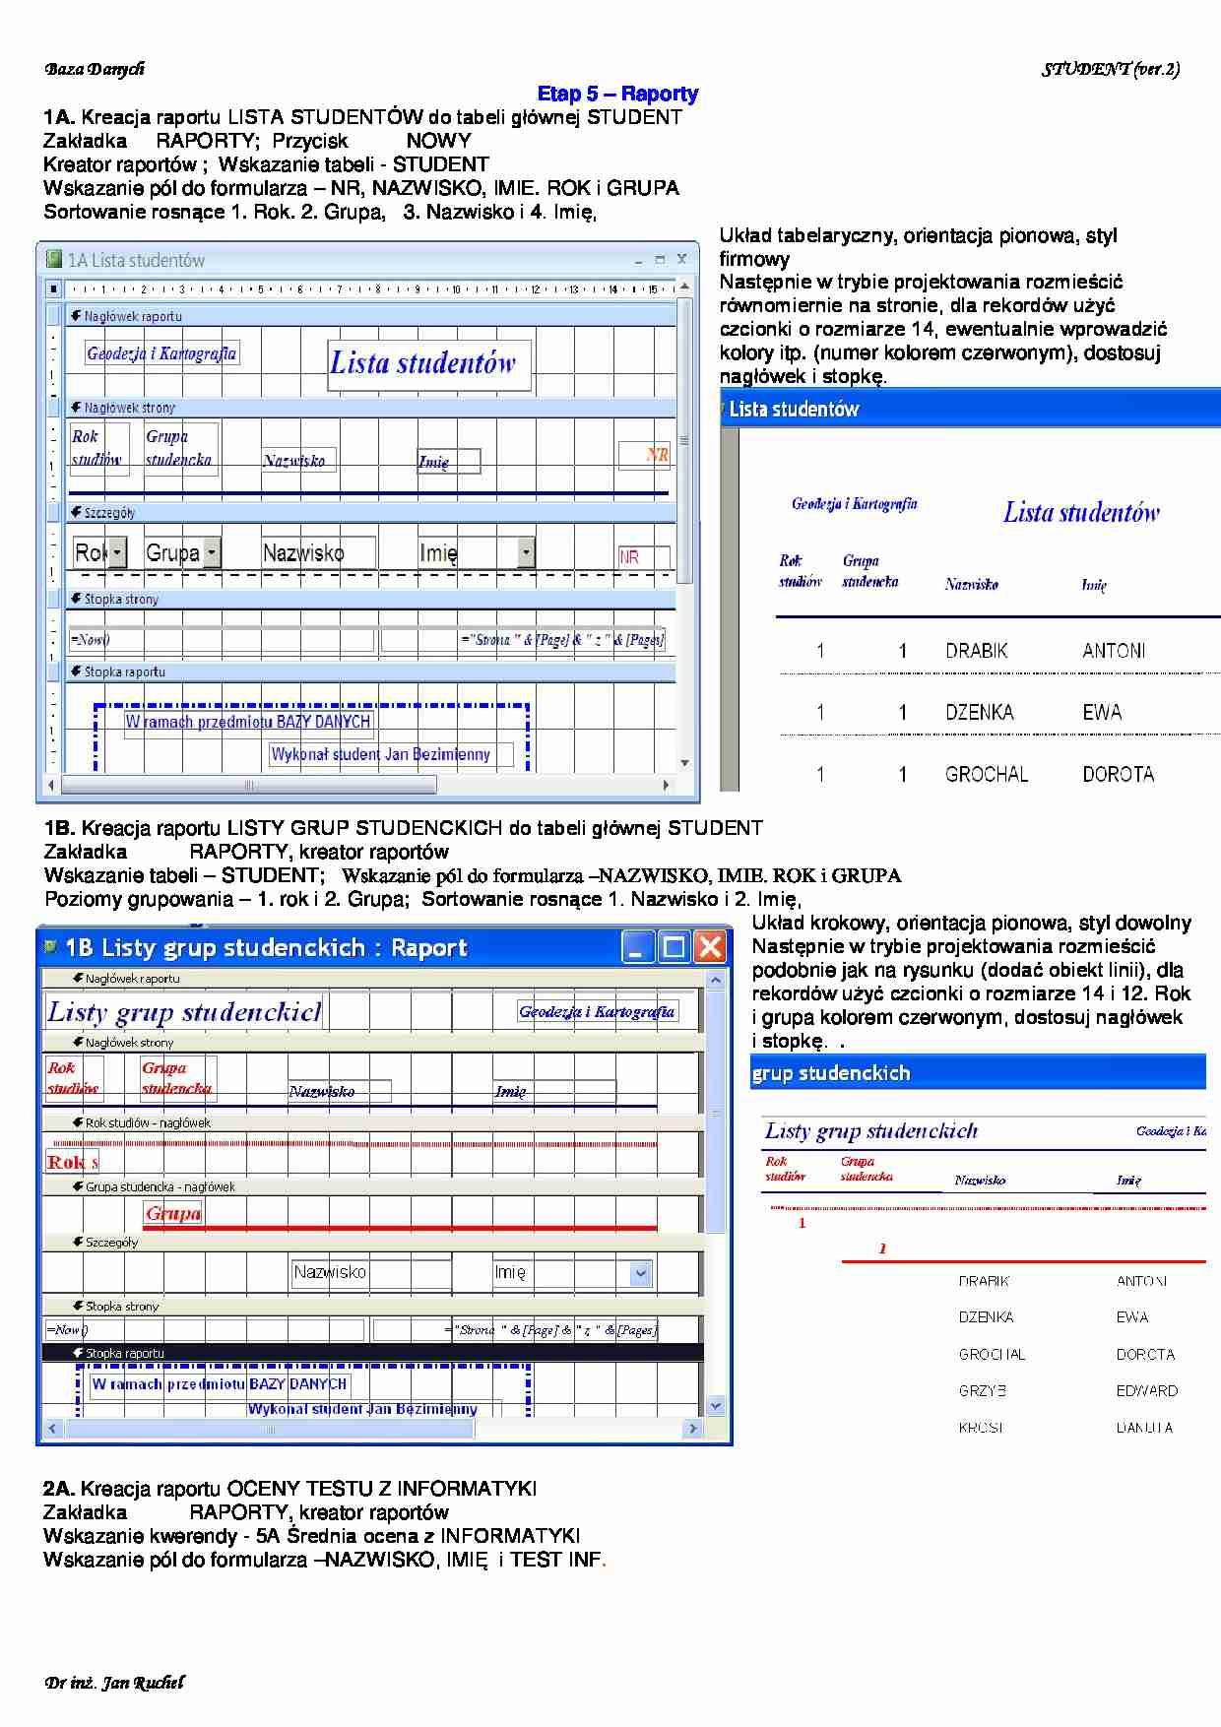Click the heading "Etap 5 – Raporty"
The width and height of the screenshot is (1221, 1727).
coord(617,95)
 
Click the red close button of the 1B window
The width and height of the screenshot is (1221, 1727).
coord(710,947)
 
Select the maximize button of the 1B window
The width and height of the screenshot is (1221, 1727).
coord(675,947)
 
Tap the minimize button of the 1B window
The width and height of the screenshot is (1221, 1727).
coord(638,947)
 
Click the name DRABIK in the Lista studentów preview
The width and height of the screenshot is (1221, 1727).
coord(976,651)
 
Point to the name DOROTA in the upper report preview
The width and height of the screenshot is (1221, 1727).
coord(1118,775)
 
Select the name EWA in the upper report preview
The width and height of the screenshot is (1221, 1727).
coord(1102,713)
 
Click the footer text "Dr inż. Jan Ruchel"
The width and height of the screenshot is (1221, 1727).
coord(114,1683)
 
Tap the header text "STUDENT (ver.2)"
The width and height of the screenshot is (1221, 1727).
coord(1111,69)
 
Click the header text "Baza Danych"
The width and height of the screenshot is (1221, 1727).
coord(95,69)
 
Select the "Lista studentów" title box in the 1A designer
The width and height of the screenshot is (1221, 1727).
coord(428,364)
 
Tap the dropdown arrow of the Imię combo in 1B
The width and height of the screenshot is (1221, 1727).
coord(641,1273)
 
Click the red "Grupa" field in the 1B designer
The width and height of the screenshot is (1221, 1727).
coord(172,1214)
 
